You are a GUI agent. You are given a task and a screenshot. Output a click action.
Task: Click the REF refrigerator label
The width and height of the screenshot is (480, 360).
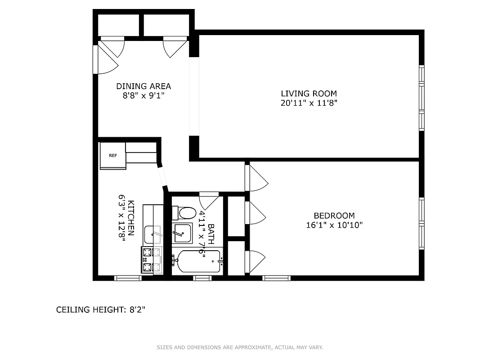(x=112, y=156)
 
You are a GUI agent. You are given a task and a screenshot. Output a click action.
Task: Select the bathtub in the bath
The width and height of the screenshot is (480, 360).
(x=198, y=261)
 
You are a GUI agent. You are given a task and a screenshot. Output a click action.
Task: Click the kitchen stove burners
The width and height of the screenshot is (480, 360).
(x=148, y=260)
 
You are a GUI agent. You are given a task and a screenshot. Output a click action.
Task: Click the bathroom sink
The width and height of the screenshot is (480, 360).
(x=183, y=233)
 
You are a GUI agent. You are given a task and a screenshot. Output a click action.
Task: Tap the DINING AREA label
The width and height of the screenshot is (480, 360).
(x=144, y=86)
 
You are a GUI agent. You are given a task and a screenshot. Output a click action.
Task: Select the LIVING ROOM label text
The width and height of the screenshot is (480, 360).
(x=309, y=94)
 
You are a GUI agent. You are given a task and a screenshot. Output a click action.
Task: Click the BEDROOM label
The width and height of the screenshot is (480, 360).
(x=334, y=216)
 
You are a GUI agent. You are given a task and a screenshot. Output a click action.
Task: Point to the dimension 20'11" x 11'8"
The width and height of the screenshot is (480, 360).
(x=309, y=103)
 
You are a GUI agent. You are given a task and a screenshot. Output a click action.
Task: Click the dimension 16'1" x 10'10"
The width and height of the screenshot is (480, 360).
(x=334, y=225)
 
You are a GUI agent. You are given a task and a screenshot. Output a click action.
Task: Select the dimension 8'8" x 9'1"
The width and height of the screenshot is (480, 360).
(x=144, y=95)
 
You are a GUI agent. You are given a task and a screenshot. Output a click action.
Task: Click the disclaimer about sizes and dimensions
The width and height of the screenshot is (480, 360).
(x=240, y=347)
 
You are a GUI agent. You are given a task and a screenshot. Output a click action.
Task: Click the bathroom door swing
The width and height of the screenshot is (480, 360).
(x=209, y=200)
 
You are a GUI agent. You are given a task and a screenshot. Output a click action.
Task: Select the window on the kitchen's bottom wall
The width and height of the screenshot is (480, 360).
(x=128, y=278)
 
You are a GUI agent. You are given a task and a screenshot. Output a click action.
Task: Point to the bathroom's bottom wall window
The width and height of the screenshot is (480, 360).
(x=202, y=278)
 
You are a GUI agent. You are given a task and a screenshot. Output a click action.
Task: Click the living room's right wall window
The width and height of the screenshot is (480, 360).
(x=422, y=98)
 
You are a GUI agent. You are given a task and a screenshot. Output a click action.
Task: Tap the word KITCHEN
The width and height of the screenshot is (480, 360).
(x=131, y=218)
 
